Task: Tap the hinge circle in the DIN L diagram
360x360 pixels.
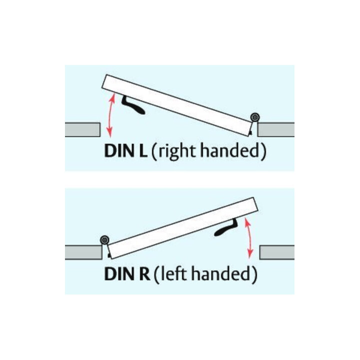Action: pyautogui.click(x=255, y=117)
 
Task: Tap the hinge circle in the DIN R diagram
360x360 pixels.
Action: pyautogui.click(x=104, y=240)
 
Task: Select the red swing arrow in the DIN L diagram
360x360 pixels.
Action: pyautogui.click(x=110, y=115)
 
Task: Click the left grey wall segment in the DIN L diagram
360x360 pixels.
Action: pyautogui.click(x=82, y=129)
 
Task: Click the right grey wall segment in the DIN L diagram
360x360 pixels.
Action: pyautogui.click(x=276, y=129)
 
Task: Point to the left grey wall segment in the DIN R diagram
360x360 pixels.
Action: pyautogui.click(x=83, y=252)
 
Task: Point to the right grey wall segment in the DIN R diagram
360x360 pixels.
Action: pyautogui.click(x=277, y=252)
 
